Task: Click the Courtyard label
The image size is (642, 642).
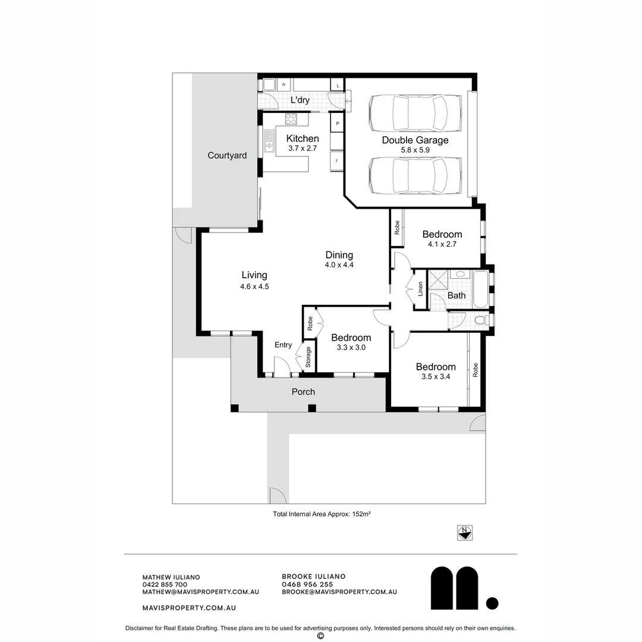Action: tap(227, 156)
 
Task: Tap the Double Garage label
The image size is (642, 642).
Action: tap(415, 140)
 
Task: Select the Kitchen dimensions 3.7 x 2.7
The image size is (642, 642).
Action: tap(303, 148)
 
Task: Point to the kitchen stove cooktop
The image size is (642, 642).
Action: tap(291, 119)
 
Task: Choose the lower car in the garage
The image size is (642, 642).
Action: tap(415, 175)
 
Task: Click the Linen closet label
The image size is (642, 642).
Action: tap(420, 289)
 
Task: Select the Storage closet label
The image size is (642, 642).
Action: tap(309, 357)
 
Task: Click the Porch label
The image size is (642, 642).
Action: tap(303, 392)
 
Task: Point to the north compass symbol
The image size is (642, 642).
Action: tap(465, 533)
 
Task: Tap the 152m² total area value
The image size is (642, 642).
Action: tap(361, 514)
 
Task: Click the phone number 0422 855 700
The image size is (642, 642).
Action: tap(165, 585)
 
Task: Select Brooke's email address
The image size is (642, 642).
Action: tap(339, 591)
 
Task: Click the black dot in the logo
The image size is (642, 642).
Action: tap(492, 603)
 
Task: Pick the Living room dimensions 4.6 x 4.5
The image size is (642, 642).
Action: tap(254, 287)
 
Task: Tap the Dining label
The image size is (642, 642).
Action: tap(339, 255)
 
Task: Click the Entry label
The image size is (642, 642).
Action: tap(283, 345)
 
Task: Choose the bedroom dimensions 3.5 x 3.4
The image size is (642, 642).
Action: tap(436, 377)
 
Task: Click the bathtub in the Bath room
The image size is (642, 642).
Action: tap(481, 289)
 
